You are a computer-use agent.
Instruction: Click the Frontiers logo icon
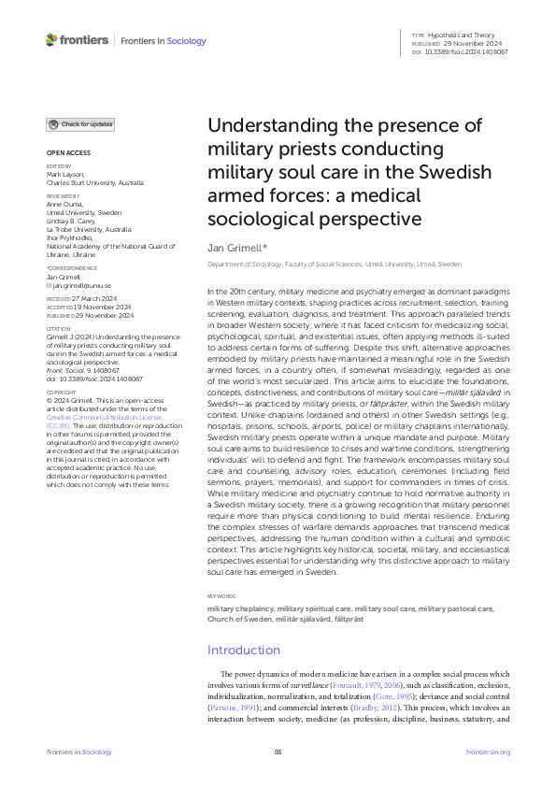tap(52, 40)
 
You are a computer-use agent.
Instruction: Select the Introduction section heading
tap(244, 650)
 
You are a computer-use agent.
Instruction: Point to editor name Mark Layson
tap(65, 174)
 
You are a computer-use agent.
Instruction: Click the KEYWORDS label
tap(222, 595)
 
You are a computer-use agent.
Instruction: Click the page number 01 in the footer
tap(278, 752)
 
